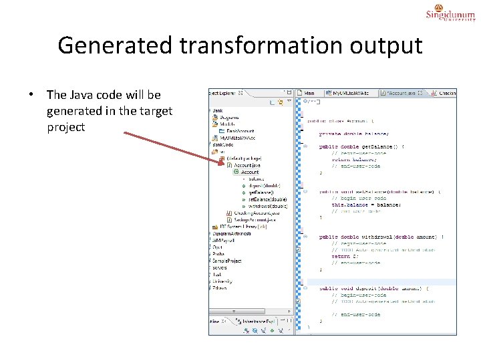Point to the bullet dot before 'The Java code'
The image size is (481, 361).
point(31,96)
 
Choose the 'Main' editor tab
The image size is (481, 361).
point(309,93)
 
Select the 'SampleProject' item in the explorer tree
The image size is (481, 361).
point(227,261)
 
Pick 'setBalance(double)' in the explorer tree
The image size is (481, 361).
point(267,199)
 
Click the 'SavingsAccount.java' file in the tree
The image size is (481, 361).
point(257,219)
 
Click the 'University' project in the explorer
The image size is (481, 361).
point(223,281)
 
